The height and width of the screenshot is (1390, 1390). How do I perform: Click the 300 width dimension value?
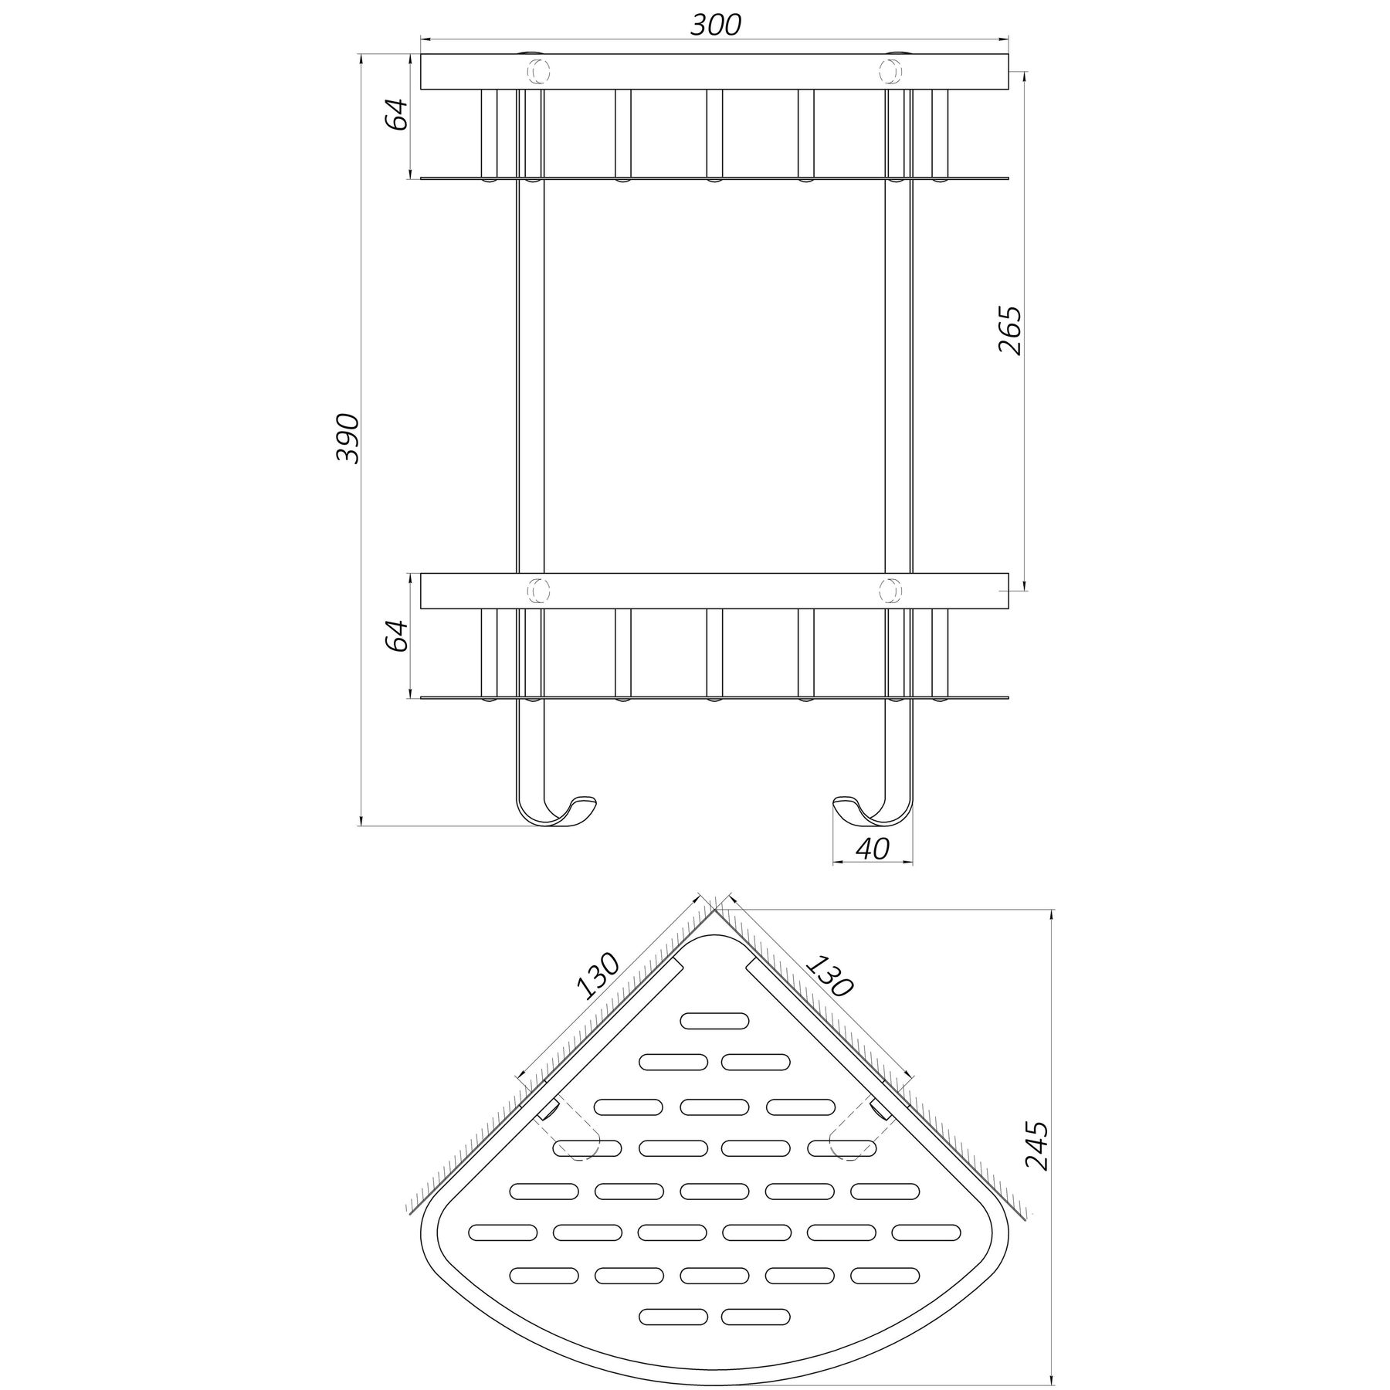(715, 25)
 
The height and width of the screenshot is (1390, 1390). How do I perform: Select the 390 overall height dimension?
(349, 439)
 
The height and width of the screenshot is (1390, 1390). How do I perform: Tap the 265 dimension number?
(1010, 331)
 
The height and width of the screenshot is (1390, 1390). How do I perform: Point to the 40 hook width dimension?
(873, 849)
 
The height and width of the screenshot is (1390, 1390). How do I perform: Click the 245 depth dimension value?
(1039, 1157)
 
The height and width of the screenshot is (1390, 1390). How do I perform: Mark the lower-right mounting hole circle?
(890, 591)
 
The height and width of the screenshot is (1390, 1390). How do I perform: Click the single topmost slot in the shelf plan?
(714, 1020)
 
